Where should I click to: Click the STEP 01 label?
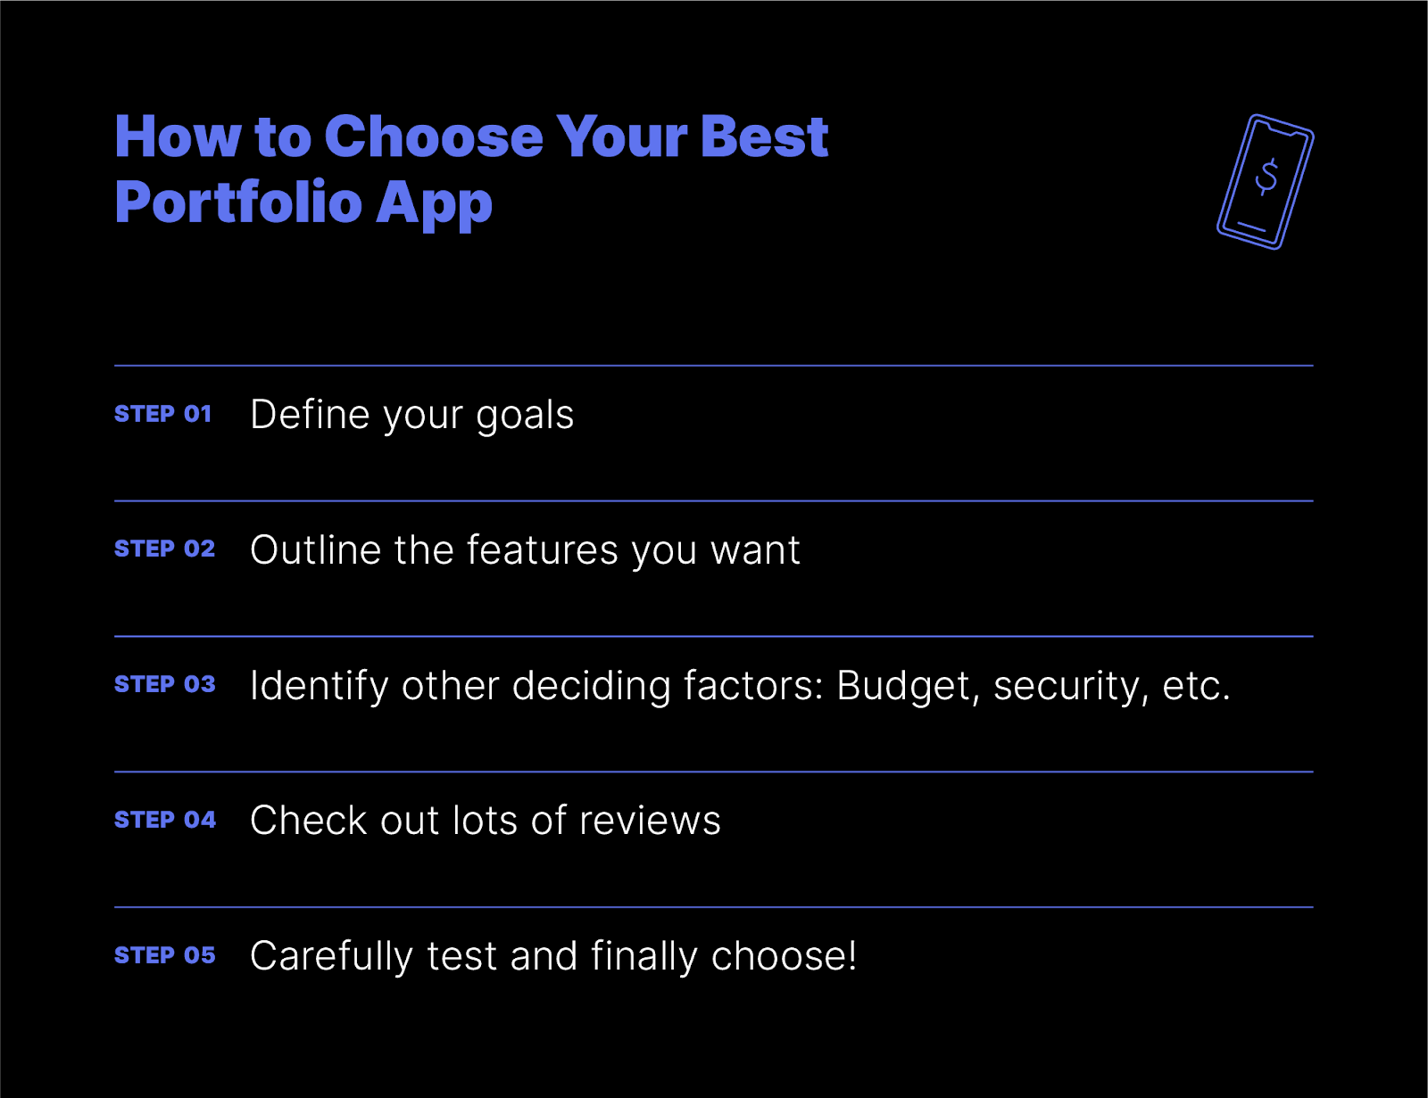162,414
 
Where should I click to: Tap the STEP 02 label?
164,549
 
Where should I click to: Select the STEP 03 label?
164,684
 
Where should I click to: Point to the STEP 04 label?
165,820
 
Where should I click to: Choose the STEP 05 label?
164,955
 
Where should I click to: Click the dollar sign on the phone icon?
1266,177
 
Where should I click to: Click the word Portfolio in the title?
237,202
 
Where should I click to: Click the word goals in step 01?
525,416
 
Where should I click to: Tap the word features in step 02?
543,549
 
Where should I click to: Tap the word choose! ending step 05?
784,956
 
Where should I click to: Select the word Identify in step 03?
319,686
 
